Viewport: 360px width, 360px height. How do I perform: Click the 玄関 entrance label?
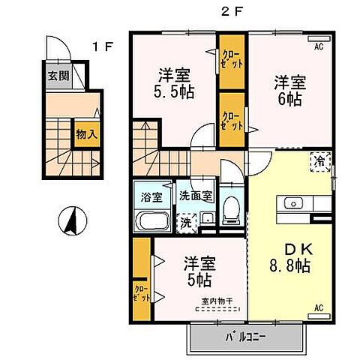(57, 76)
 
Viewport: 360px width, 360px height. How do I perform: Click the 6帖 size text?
(287, 100)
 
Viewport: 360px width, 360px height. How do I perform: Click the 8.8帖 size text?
(290, 265)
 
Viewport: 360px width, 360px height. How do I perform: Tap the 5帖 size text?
(198, 281)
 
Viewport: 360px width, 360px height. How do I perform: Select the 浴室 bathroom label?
(151, 198)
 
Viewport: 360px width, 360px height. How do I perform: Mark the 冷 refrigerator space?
(319, 160)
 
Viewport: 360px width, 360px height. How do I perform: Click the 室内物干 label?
(217, 302)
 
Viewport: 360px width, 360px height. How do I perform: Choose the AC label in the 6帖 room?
(319, 46)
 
